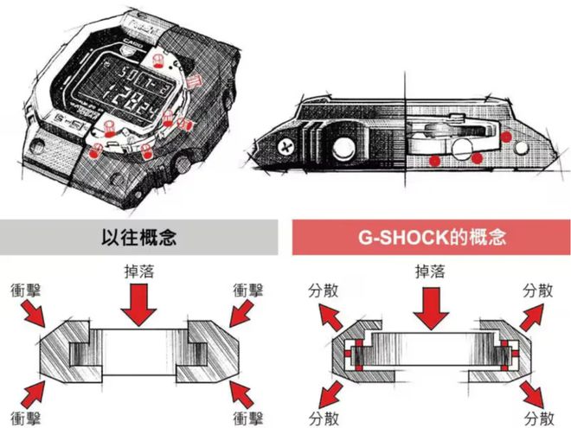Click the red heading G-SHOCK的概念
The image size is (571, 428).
point(430,237)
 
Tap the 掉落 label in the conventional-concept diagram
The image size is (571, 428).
point(139,272)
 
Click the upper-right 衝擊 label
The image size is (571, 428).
point(249,288)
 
